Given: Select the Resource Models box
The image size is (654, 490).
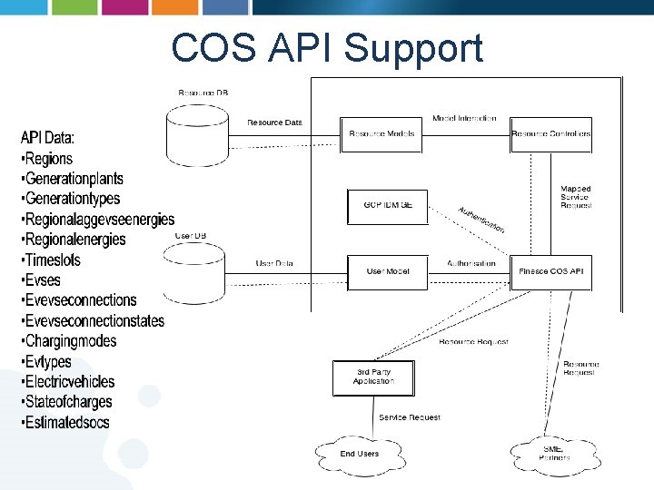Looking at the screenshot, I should tap(381, 134).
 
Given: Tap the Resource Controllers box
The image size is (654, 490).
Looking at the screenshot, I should tap(550, 134).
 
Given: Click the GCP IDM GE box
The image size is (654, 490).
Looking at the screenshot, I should tap(387, 206).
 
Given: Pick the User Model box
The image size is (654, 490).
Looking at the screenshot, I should tap(388, 271).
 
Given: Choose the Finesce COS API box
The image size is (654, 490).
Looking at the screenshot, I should tap(550, 271).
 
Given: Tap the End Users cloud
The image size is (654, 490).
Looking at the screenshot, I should tap(360, 453).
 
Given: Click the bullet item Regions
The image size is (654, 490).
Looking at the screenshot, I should tap(49, 159).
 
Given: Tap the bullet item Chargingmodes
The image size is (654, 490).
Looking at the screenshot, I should tap(71, 341).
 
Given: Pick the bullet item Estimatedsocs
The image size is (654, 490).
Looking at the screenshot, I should tap(67, 422).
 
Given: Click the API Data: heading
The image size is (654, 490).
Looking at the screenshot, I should tap(47, 138).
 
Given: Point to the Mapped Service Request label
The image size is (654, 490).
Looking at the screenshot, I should tap(576, 197).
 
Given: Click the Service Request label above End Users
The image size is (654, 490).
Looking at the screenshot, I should tap(409, 417).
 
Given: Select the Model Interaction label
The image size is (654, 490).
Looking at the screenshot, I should tap(464, 119).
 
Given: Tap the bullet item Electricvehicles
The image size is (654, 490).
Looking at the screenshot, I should tap(70, 382).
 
